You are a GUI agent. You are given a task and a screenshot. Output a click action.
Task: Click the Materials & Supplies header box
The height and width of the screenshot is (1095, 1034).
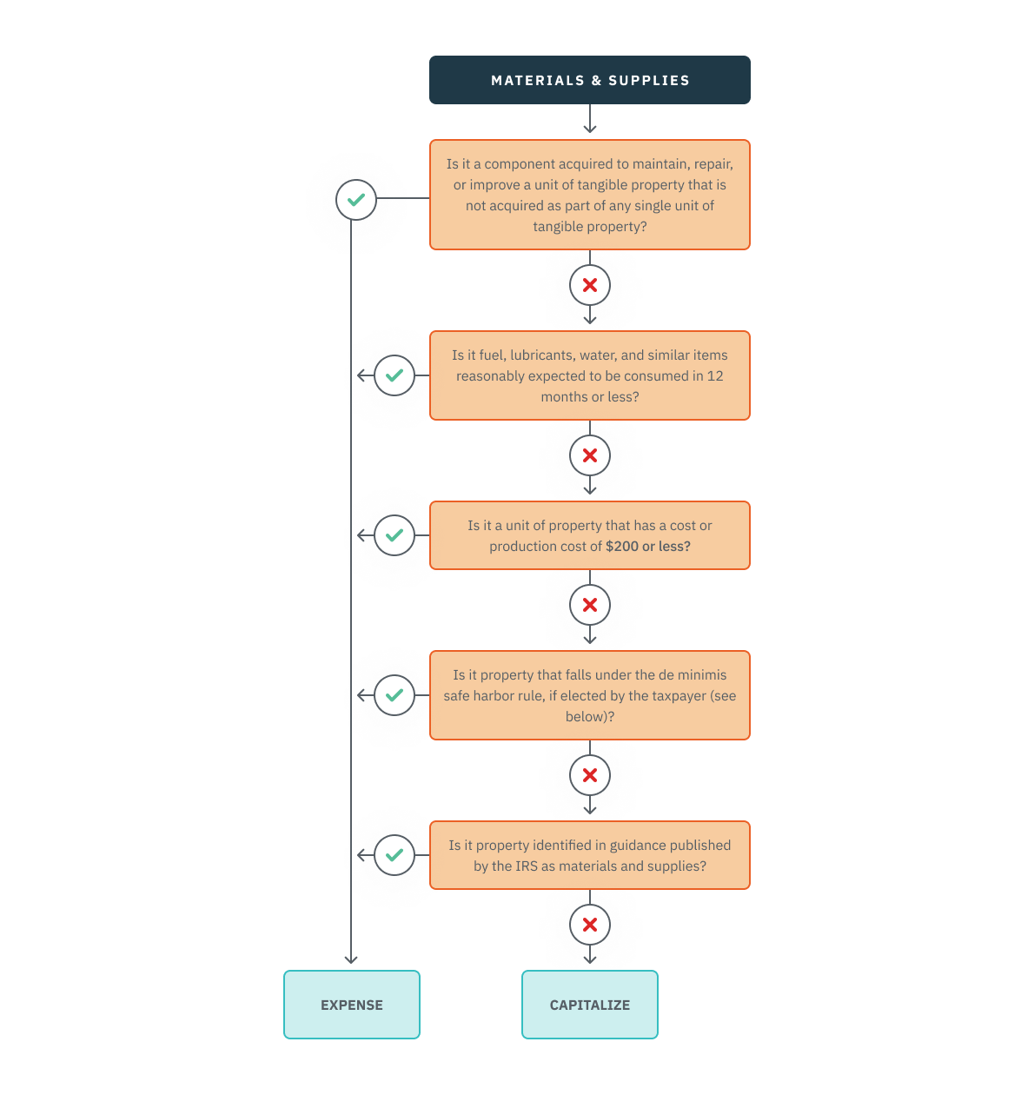tap(589, 80)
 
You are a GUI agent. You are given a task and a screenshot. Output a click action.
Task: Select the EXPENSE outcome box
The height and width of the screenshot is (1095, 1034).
tap(351, 1005)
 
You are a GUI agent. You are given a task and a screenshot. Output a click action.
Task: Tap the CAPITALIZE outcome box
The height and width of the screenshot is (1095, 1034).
tap(589, 1005)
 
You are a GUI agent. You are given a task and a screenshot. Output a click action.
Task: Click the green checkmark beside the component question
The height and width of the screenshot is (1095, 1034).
tap(356, 200)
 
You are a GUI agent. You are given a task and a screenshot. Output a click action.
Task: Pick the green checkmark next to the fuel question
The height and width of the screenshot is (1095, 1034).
tap(394, 375)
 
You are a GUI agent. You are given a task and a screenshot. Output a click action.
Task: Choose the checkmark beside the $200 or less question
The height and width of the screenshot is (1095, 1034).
tap(394, 535)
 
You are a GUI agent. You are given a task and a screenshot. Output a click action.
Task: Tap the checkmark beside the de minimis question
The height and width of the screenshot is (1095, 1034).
tap(394, 695)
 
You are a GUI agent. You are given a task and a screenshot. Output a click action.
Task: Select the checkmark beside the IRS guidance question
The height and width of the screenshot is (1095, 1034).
tap(394, 855)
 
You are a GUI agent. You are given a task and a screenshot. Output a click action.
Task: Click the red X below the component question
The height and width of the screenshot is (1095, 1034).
tap(590, 285)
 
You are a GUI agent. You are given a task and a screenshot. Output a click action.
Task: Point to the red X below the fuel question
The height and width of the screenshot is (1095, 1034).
tap(590, 455)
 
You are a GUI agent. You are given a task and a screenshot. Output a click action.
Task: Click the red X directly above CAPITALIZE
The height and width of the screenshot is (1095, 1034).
tap(590, 925)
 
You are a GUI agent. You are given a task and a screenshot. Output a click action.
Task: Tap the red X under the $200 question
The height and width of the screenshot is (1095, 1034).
tap(590, 605)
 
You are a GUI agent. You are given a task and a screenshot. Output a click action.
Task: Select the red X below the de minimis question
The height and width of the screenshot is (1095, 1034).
tap(590, 775)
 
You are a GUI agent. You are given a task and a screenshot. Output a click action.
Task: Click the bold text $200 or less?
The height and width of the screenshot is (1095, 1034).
tap(647, 547)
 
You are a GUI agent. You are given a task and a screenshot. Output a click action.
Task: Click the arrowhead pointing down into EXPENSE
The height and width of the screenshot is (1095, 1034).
tap(351, 959)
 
